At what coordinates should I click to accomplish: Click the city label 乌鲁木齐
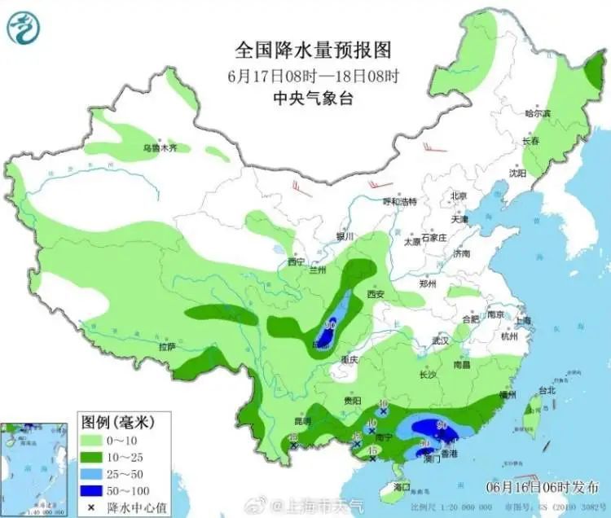click(160, 148)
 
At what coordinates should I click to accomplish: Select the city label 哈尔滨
click(538, 113)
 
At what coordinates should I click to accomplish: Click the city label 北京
click(459, 196)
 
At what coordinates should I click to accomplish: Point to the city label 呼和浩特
click(400, 201)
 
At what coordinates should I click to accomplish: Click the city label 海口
click(402, 486)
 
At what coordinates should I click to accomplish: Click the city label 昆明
click(302, 421)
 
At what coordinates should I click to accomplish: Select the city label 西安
click(376, 294)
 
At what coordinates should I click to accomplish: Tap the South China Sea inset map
click(34, 469)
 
